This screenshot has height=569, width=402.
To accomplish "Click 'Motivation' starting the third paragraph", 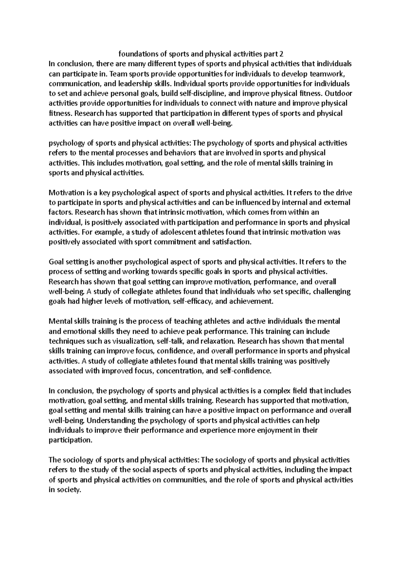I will [67, 193].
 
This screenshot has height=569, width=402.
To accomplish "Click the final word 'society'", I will [69, 490].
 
